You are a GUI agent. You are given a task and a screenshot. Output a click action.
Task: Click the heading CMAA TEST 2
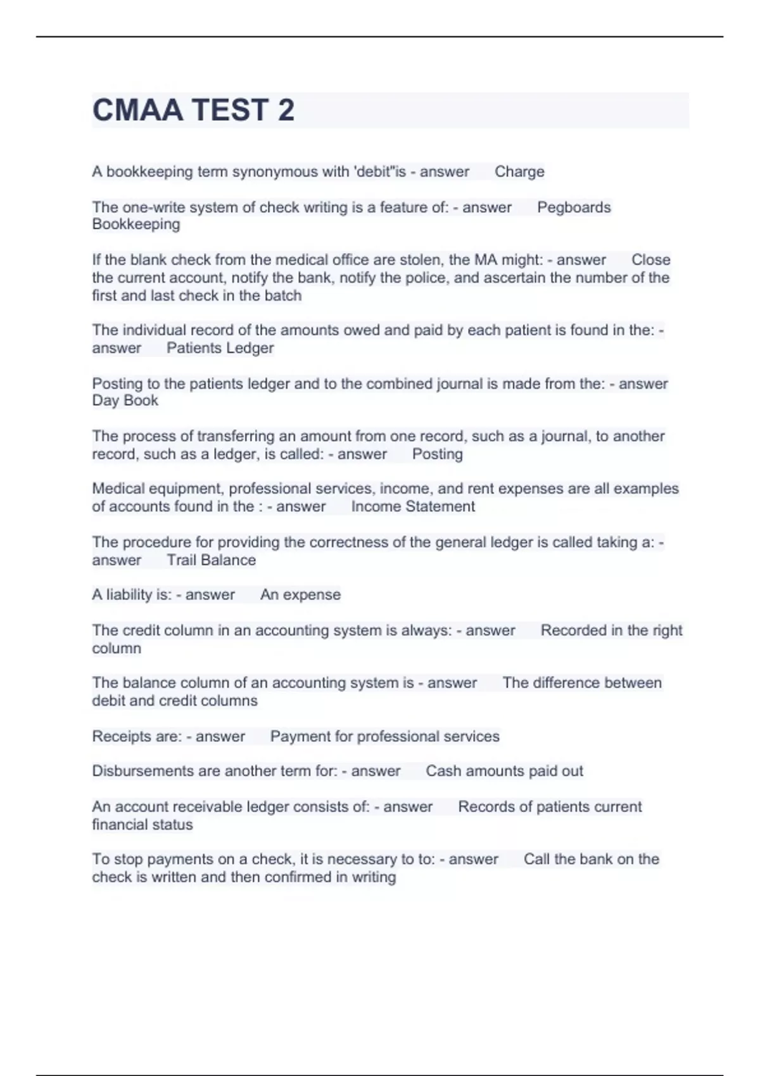[193, 110]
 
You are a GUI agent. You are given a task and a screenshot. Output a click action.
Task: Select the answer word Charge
[519, 172]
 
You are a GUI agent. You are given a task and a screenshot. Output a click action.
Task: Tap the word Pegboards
[574, 207]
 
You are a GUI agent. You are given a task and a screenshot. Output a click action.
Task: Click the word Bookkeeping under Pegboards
[136, 224]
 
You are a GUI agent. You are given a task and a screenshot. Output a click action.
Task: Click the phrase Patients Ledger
[220, 347]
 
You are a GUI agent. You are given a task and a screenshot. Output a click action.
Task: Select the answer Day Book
[125, 401]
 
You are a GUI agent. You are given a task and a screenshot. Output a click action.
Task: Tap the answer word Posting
[437, 454]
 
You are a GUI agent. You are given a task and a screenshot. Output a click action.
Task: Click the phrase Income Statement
[413, 506]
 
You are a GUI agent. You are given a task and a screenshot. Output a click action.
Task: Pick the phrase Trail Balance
[211, 560]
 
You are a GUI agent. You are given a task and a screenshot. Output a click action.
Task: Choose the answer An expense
[300, 594]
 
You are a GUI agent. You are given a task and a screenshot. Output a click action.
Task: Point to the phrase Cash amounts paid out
[504, 771]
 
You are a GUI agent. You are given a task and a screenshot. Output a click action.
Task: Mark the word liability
[129, 594]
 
